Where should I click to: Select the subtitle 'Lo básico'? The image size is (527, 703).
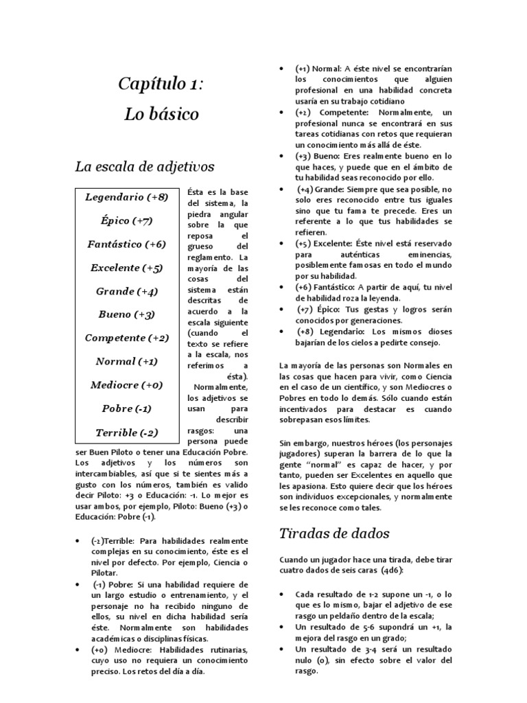point(161,114)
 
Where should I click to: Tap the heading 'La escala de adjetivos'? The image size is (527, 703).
point(145,166)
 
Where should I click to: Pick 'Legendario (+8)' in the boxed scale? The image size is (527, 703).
point(126,198)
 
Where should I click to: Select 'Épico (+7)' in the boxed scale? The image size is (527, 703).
point(126,221)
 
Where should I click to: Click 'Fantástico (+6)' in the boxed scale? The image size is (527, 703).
point(126,244)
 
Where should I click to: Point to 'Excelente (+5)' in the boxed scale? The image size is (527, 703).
point(126,268)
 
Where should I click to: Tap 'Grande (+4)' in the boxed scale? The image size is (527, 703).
point(126,291)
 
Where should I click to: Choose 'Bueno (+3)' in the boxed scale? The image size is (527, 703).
point(126,314)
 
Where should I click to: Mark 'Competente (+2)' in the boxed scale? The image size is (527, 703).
point(126,338)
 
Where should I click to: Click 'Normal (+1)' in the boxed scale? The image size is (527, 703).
point(126,361)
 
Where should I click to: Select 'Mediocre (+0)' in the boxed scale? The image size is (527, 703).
point(126,385)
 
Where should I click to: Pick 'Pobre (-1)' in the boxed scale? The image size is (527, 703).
point(126,408)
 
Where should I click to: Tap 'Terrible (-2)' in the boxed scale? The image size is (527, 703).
point(126,433)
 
